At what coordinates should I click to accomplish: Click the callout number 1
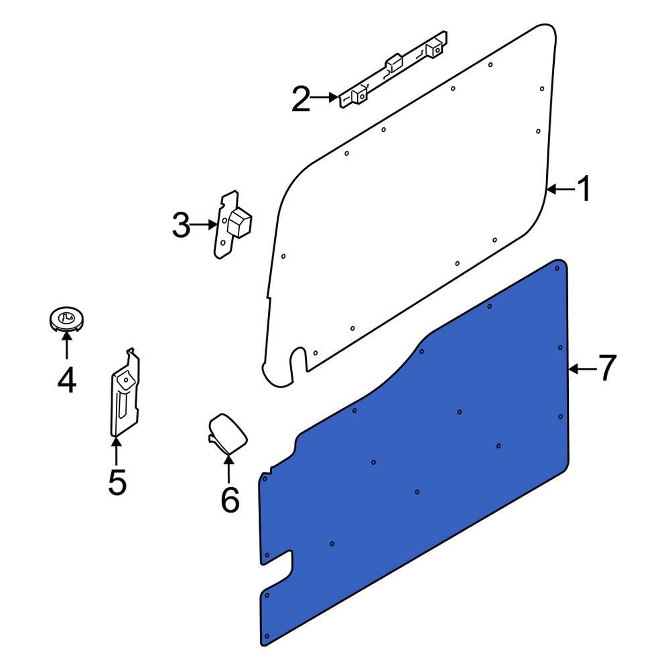[584, 190]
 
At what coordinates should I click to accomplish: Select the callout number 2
[301, 100]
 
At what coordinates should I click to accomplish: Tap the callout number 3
[181, 226]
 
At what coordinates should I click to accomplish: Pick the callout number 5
[117, 482]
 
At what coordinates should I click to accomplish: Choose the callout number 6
[230, 500]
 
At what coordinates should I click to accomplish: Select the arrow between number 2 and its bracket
[325, 98]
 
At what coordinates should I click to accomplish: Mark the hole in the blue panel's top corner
[557, 268]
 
